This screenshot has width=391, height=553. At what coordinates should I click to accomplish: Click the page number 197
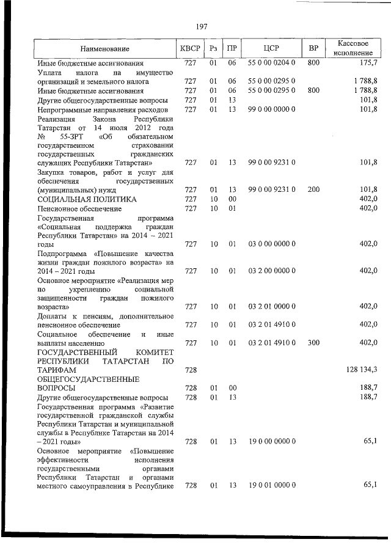coord(202,27)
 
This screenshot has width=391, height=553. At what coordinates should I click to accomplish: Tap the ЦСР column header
coord(271,48)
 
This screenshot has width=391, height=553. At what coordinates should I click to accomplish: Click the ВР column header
coord(313,48)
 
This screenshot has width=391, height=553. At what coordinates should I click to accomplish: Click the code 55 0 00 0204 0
coord(271,63)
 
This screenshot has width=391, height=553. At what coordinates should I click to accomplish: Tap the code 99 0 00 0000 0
coord(271,109)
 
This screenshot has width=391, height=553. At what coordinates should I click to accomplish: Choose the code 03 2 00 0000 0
coord(271,270)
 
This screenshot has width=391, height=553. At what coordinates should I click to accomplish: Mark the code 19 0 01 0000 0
coord(271,485)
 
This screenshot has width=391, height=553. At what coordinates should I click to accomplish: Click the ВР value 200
coord(313,189)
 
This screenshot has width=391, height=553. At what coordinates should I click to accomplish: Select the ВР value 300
coord(313,343)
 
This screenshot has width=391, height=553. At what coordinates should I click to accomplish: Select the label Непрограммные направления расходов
coord(102,109)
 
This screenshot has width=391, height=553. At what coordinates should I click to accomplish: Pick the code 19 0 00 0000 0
coord(271,441)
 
